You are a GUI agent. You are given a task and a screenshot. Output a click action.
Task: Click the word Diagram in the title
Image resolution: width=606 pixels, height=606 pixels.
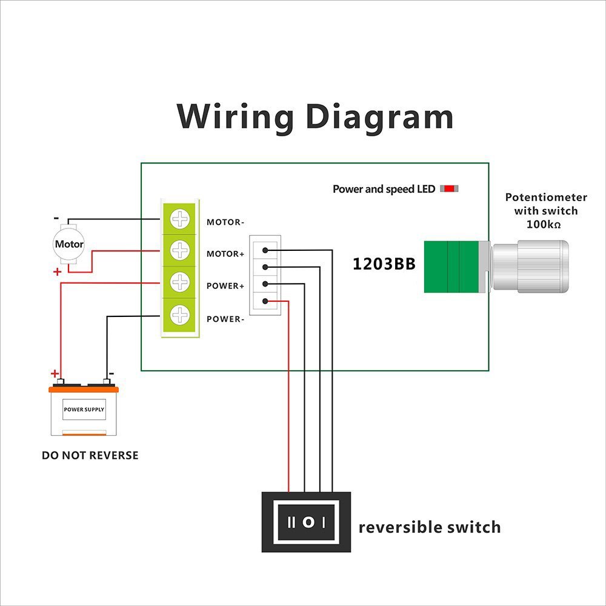pos(379,116)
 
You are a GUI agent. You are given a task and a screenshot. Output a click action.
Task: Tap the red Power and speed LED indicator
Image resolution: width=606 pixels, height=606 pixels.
pos(449,188)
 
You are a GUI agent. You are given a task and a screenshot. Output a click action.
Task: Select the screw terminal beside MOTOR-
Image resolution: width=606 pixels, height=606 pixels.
pos(180,219)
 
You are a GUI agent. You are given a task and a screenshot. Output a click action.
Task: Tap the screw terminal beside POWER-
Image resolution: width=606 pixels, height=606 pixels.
pos(180,315)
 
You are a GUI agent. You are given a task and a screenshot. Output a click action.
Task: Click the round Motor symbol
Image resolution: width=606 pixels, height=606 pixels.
pos(69,244)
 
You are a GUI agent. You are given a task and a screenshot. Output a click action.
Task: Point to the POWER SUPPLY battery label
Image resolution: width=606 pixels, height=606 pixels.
pos(84,410)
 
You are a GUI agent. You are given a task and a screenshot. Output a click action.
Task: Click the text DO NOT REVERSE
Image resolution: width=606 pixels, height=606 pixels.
pos(90,455)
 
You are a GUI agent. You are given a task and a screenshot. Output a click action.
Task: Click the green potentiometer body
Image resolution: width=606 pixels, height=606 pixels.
pos(451,267)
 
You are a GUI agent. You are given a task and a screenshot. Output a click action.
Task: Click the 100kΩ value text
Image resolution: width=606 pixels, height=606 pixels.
pos(545,225)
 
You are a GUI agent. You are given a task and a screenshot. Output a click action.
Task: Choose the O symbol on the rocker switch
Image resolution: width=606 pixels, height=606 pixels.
pos(308,522)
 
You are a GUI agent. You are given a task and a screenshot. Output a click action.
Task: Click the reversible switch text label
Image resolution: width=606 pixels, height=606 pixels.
pos(430,527)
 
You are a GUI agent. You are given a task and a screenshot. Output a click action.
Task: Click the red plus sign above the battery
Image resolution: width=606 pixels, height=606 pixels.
pos(55,373)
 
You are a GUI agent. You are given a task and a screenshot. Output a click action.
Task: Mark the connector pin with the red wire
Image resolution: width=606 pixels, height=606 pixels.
pos(265,301)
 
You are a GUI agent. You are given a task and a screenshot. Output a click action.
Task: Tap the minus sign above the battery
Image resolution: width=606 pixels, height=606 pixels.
pos(111,374)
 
